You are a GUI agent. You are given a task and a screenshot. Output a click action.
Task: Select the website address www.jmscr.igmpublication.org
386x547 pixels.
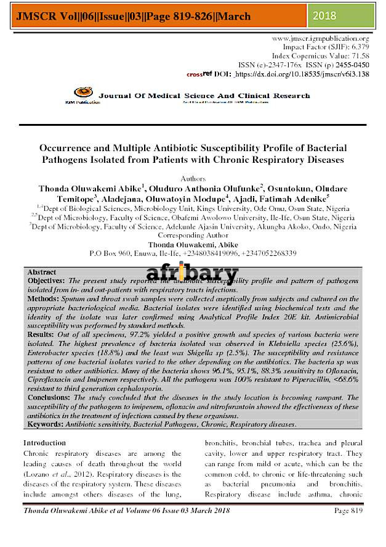click(320, 38)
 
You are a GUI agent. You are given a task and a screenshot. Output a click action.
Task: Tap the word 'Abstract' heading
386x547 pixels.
click(41, 272)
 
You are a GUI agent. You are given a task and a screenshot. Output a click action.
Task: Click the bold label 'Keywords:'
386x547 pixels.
click(46, 424)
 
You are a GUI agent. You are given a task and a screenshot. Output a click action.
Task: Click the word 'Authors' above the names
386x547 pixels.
click(193, 178)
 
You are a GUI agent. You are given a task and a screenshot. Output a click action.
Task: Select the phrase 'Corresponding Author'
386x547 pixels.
click(193, 236)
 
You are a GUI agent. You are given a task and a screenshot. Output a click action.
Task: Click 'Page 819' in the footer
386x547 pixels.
click(348, 511)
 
